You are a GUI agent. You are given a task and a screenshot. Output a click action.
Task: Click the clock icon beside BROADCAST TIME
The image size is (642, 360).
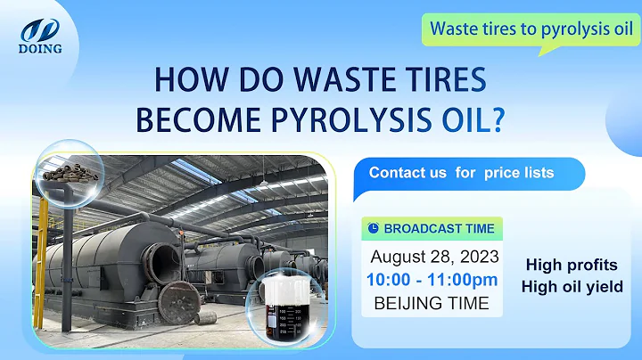[x=374, y=228]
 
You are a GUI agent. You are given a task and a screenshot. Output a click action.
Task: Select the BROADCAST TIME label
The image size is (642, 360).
[x=439, y=228]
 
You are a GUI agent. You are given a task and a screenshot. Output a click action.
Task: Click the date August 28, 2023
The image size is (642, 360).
[x=433, y=257]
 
